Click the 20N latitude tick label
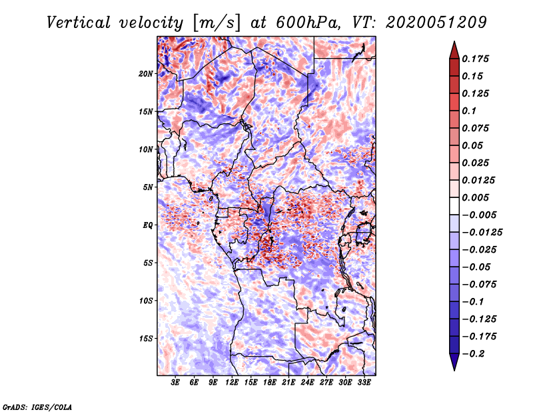click(146, 73)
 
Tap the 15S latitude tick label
click(146, 339)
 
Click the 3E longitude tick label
click(176, 383)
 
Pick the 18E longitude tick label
click(270, 383)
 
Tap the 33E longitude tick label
click(364, 383)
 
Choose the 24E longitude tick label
click(307, 383)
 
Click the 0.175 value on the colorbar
click(477, 59)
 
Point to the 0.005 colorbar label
click(477, 197)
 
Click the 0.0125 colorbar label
click(480, 180)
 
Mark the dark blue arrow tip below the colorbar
click(453, 367)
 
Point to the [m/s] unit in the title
click(215, 22)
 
